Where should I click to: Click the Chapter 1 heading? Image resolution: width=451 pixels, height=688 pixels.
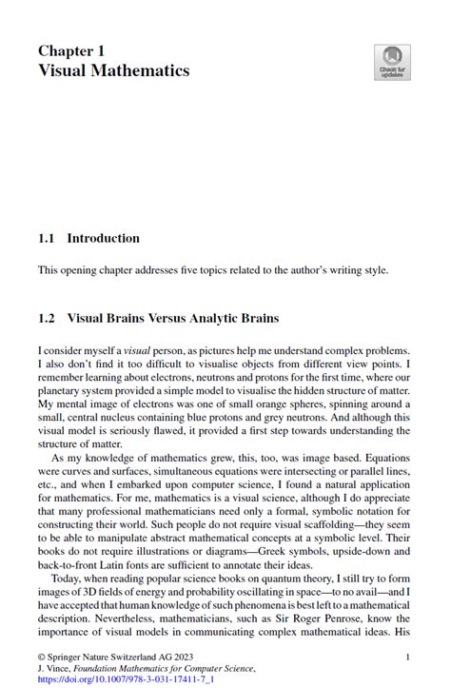click(x=71, y=49)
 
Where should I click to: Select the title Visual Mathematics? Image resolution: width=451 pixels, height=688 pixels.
click(x=113, y=70)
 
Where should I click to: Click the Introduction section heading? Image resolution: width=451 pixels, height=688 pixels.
click(x=103, y=238)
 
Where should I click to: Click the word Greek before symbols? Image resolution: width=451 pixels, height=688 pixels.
click(x=261, y=551)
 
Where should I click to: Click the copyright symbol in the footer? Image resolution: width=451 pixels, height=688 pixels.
click(x=42, y=657)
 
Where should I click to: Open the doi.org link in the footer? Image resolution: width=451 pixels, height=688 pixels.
click(x=112, y=679)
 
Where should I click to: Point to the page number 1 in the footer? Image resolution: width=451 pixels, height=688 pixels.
click(x=407, y=657)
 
